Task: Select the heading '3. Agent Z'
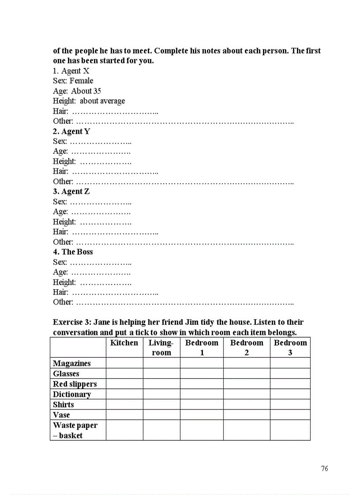(x=71, y=192)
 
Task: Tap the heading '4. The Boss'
(x=73, y=252)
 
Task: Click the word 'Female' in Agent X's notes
(x=81, y=81)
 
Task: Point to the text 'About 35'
(x=86, y=91)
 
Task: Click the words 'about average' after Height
(x=102, y=101)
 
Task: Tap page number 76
(x=324, y=469)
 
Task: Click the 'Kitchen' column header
(x=124, y=343)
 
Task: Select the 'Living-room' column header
(x=161, y=348)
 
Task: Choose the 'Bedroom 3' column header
(x=290, y=348)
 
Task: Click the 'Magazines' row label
(x=71, y=364)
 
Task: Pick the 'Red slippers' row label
(x=75, y=384)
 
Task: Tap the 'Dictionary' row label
(x=71, y=395)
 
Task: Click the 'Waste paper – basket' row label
(x=75, y=430)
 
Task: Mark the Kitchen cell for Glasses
(x=124, y=374)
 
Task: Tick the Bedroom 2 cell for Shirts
(x=246, y=405)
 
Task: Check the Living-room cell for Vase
(x=161, y=415)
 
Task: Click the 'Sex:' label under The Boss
(x=60, y=262)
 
